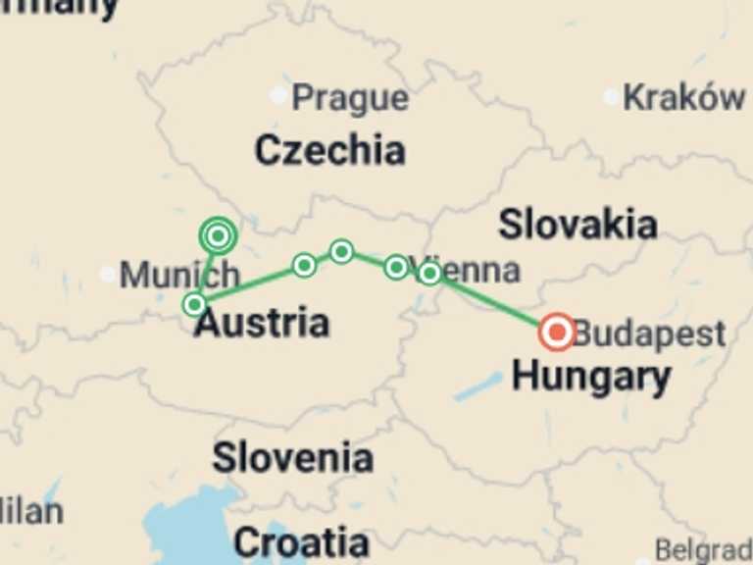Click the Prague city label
point(350,98)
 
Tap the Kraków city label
point(683,97)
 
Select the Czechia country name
point(329,150)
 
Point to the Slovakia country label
point(577,225)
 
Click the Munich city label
point(179,276)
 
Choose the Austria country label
point(261,323)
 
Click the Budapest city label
point(649,334)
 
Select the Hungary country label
point(591,376)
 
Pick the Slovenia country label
point(292,457)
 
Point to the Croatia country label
point(301,542)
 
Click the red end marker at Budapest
point(557,333)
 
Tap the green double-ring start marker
point(218,235)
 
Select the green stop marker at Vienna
point(429,273)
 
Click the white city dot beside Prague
point(279,95)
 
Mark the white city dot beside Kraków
point(611,96)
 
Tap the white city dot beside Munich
point(107,274)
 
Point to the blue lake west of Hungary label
point(477,386)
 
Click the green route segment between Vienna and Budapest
point(495,303)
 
